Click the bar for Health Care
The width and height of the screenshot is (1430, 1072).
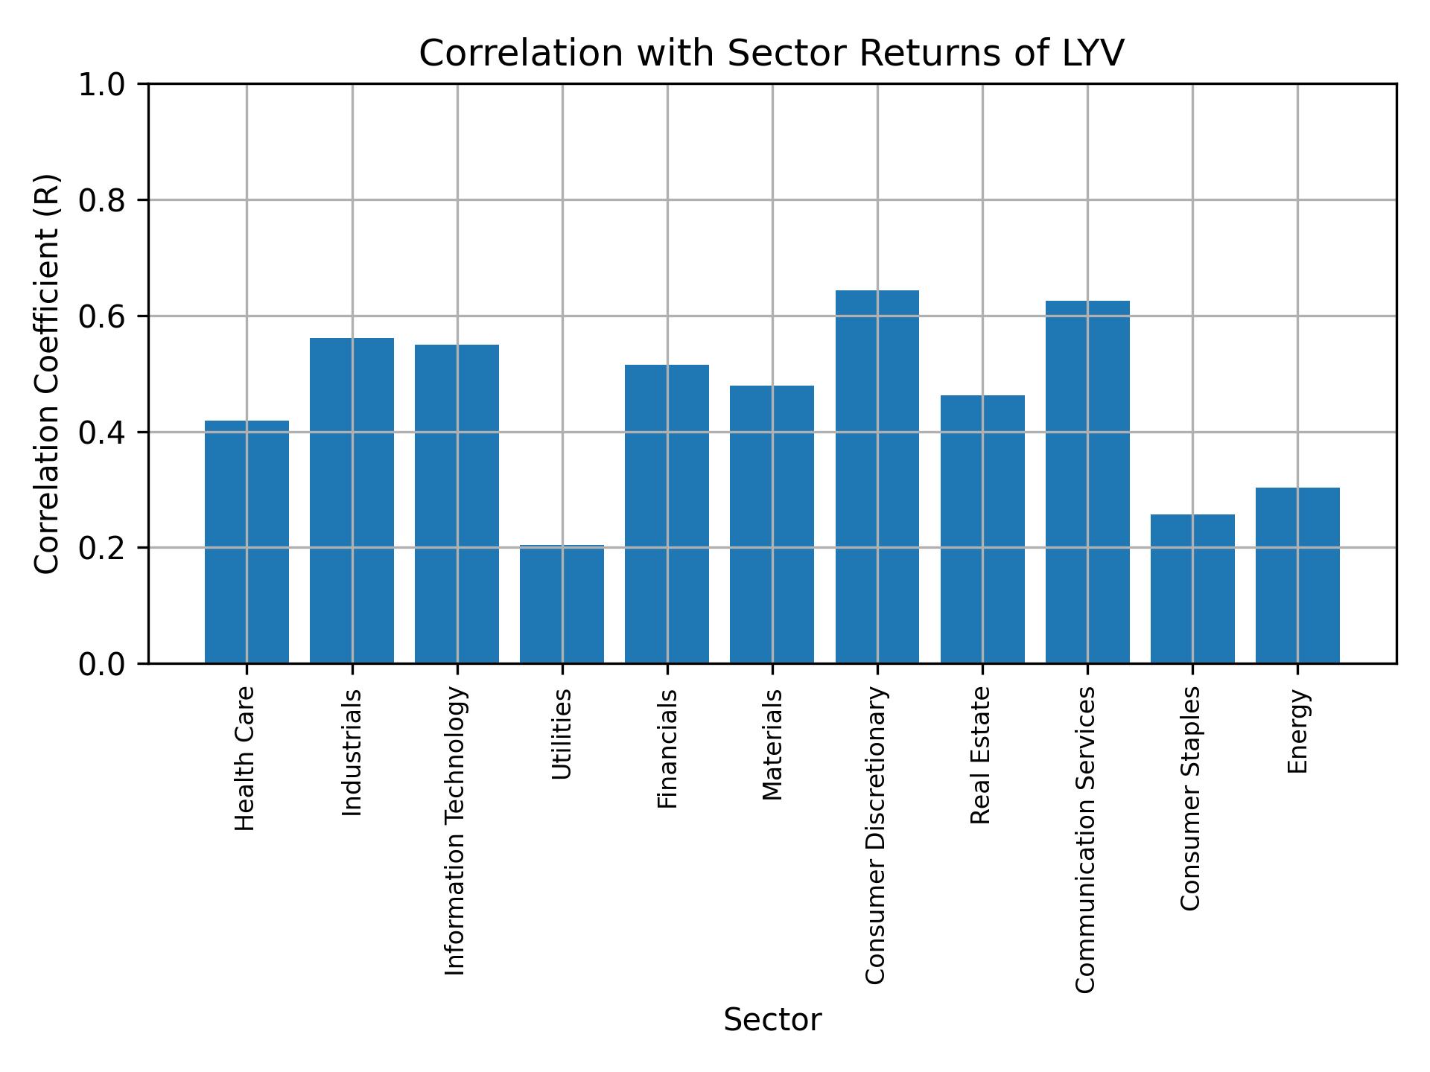coord(247,541)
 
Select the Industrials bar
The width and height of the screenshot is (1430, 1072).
coord(352,500)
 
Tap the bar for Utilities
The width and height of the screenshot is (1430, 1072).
coord(562,604)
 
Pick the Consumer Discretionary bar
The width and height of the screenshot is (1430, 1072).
coord(877,476)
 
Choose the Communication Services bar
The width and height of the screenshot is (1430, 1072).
coord(1087,482)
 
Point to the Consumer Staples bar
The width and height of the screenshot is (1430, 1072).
coord(1192,588)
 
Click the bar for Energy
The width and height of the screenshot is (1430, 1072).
coord(1297,575)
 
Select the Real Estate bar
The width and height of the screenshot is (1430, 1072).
coord(982,529)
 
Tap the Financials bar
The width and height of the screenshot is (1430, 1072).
coord(667,514)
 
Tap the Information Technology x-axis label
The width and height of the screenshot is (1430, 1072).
coord(456,831)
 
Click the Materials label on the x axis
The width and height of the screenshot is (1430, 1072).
coord(773,744)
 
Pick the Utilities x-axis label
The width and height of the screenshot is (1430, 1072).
coord(562,734)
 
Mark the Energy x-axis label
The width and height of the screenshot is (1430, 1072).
coord(1298,731)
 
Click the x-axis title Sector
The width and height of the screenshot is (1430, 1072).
coord(772,1020)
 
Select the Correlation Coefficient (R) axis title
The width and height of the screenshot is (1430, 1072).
coord(48,374)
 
